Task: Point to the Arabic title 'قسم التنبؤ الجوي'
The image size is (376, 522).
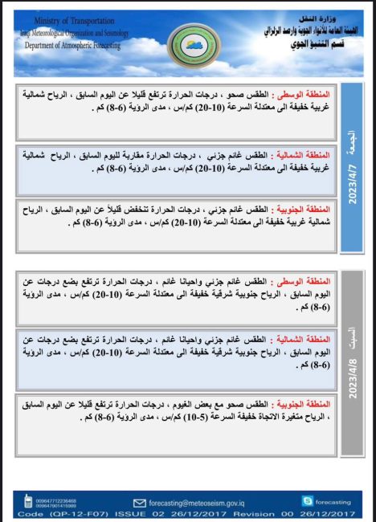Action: click(297, 43)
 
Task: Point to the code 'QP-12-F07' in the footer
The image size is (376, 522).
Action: click(54, 512)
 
